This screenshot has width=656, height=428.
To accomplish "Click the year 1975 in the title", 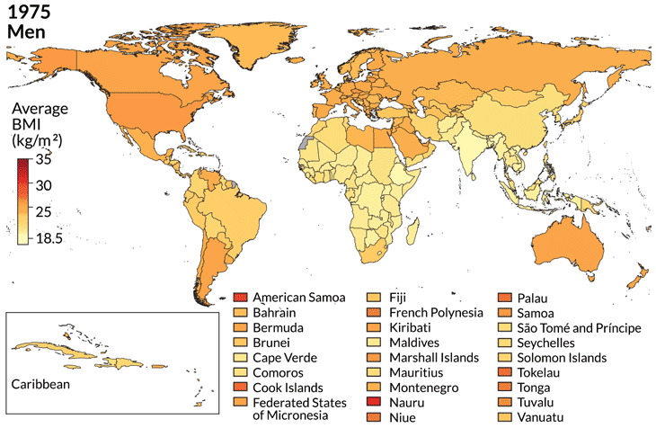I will [x=28, y=13].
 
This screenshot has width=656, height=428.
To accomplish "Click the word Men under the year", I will [x=24, y=32].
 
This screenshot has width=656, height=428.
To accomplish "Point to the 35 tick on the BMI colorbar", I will [x=44, y=160].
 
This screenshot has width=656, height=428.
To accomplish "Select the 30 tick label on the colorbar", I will [x=44, y=185].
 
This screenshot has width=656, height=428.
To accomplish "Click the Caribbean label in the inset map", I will [x=40, y=384].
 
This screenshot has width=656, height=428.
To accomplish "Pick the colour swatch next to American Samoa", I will [x=239, y=298].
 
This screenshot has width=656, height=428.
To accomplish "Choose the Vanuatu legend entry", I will [x=544, y=417].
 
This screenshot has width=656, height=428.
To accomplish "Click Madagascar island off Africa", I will [x=412, y=236].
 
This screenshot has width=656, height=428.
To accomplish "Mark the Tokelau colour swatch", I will [x=508, y=372].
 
